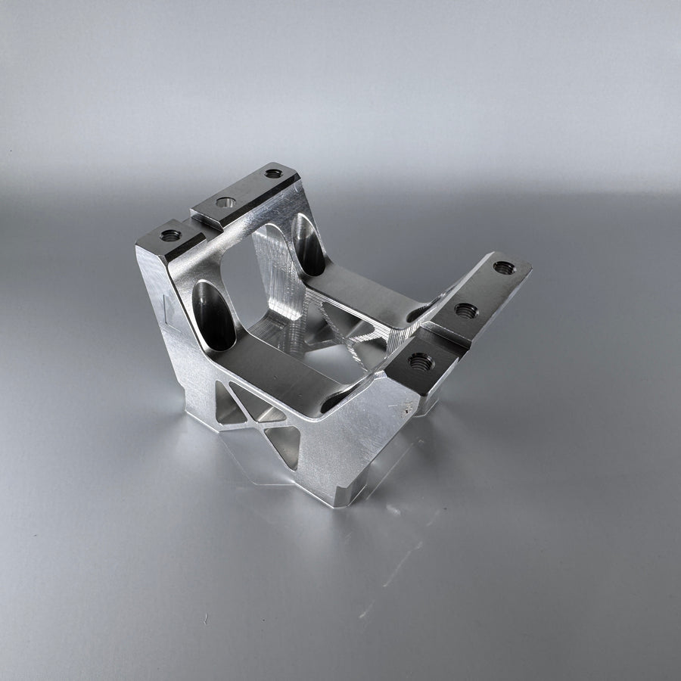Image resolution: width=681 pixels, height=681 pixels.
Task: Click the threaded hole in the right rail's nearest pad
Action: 421,362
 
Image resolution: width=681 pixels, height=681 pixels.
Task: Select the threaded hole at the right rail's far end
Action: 504,267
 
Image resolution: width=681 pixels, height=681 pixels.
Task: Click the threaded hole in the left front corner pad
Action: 171,235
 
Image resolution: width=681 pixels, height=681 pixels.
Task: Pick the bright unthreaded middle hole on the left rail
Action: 225,202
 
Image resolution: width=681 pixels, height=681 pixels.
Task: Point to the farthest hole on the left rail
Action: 273,173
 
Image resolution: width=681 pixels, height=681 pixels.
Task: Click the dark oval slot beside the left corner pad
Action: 215,314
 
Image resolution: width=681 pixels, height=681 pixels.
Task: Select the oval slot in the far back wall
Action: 308,244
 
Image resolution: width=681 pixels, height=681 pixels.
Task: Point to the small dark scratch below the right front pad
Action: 409,409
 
